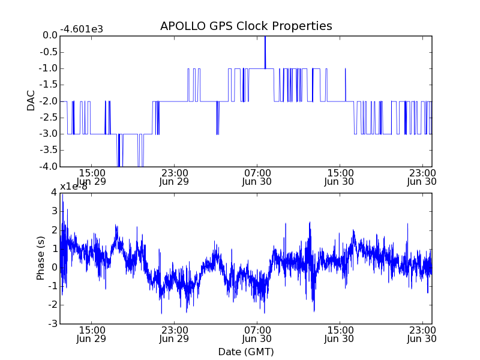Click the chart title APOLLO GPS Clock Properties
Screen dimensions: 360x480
tap(246, 26)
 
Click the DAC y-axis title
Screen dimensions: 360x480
tap(31, 100)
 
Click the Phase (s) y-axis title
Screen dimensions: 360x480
tap(41, 258)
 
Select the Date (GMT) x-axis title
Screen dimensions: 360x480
tap(246, 352)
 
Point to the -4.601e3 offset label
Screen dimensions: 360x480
tap(82, 28)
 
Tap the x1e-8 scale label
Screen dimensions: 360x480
tap(74, 186)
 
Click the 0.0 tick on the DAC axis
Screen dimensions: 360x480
tap(50, 35)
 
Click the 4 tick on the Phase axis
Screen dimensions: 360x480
tap(53, 193)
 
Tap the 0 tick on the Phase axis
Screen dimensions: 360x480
tap(53, 268)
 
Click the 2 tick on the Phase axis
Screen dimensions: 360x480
tap(53, 230)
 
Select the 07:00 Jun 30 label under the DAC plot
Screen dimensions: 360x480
tap(257, 176)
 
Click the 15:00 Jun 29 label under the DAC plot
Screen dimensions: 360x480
tap(92, 176)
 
